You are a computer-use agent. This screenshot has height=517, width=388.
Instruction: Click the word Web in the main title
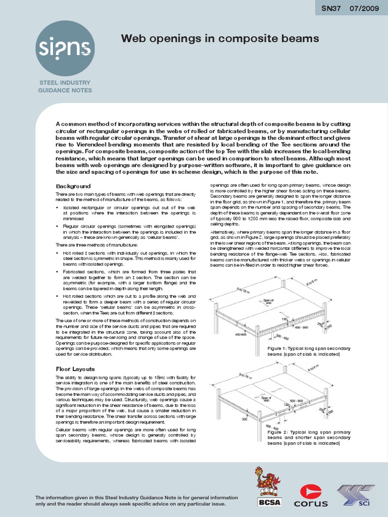tap(133, 38)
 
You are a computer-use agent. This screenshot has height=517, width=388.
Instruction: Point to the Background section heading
tap(73, 186)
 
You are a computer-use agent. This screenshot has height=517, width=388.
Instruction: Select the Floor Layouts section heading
tap(75, 369)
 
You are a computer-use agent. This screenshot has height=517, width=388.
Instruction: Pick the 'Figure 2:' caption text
tap(279, 433)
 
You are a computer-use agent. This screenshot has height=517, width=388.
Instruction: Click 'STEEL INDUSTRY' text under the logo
tap(65, 82)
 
